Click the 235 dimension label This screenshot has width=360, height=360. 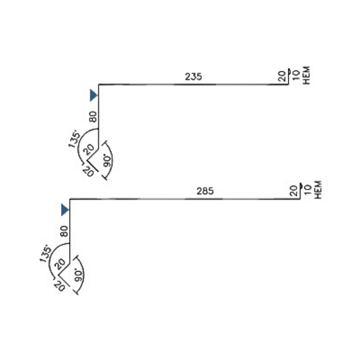(x=194, y=77)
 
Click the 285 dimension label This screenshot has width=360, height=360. (x=205, y=191)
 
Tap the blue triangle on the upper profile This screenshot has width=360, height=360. (x=94, y=95)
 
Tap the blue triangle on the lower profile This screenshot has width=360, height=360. (x=65, y=210)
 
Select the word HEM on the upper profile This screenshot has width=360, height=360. (x=307, y=75)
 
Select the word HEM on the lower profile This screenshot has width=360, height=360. (x=318, y=190)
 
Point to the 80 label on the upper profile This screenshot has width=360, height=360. (x=93, y=117)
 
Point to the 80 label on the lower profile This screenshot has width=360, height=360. (x=65, y=231)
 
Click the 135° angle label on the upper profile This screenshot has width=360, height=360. (x=75, y=139)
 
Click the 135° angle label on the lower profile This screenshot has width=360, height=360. (x=46, y=253)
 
